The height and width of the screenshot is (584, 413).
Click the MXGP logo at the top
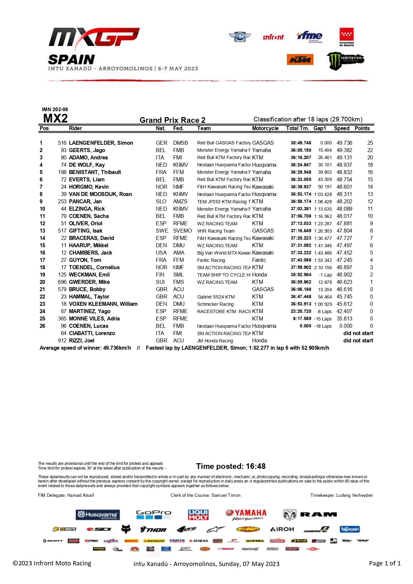pos(94,37)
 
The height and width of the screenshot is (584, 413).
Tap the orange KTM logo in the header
pos(300,60)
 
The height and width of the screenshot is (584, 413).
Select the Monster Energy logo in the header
pos(345,61)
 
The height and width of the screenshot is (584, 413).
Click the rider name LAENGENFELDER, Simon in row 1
pos(101,143)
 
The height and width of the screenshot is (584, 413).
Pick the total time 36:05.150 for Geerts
pos(301,150)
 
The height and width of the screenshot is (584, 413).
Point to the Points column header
pos(362,128)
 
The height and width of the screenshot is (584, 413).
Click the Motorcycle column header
pos(265,128)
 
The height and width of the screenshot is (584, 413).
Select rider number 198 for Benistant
pos(62,172)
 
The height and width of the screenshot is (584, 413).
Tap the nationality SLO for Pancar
pos(161,201)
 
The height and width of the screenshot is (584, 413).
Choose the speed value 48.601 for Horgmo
pos(344,187)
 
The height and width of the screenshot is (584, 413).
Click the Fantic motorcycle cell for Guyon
pos(259,260)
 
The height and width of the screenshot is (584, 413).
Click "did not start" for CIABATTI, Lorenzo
pos(358,333)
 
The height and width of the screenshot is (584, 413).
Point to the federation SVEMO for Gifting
pos(182,231)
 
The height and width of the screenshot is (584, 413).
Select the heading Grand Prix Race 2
pos(172,120)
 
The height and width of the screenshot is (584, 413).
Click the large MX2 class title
pos(55,118)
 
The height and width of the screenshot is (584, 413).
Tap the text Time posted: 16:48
pos(231,466)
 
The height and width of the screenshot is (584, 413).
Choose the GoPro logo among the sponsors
pos(154,514)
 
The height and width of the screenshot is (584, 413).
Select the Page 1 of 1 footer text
pos(385,563)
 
